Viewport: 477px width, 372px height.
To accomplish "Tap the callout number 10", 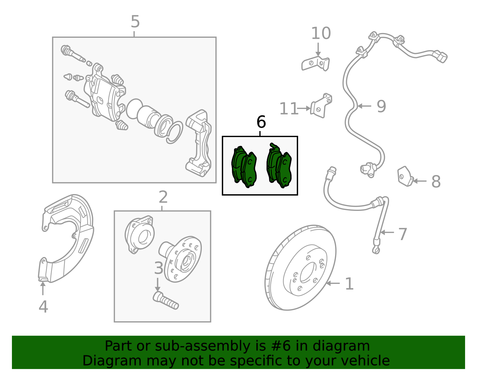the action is coord(321,33).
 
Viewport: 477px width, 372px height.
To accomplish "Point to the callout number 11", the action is coord(289,109).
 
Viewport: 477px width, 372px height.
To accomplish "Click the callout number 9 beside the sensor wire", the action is coord(381,106).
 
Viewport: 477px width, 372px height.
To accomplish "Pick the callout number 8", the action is coord(436,181).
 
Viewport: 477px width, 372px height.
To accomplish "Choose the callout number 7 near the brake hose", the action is coord(402,234).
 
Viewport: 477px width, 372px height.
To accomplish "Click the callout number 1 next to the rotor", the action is coord(349,284).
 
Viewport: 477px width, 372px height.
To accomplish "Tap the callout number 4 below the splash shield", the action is coord(43,306).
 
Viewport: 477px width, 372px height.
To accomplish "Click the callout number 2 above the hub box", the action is coord(163,197).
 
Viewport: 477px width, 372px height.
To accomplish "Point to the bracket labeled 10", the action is coord(315,63).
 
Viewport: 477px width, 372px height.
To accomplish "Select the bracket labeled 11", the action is coord(321,106).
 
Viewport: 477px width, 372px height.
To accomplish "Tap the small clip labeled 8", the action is coord(405,176).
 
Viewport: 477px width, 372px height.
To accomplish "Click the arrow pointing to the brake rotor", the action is coord(333,284).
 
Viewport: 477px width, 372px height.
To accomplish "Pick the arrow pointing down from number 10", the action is coord(318,49).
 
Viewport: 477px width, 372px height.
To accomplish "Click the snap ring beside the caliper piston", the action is coord(174,133).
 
